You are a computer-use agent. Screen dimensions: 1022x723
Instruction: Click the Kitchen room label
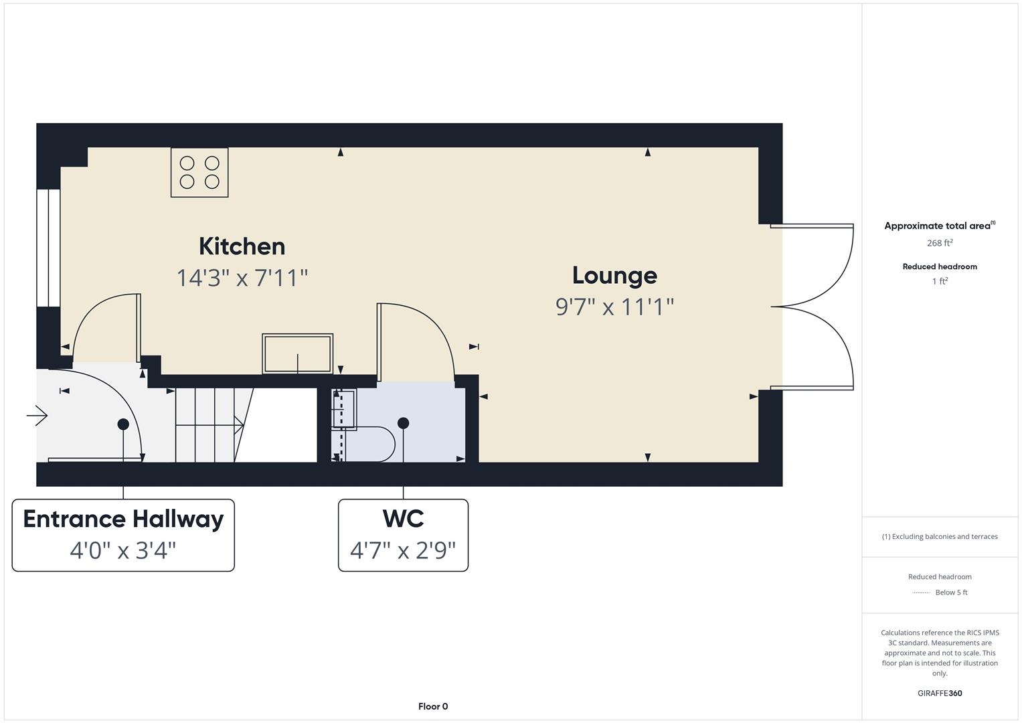(242, 246)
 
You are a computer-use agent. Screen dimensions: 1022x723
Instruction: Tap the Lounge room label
(614, 276)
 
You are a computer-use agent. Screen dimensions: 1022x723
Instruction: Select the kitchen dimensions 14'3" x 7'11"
(242, 278)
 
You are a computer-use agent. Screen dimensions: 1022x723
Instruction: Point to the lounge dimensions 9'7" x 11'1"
(614, 307)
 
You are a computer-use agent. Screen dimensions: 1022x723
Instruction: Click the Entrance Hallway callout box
(123, 535)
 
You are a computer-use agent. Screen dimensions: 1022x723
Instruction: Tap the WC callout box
(403, 535)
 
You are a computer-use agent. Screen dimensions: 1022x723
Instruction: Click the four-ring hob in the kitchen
(199, 173)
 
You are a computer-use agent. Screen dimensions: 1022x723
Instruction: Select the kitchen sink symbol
(297, 353)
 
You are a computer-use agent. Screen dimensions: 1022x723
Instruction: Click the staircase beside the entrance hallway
(214, 425)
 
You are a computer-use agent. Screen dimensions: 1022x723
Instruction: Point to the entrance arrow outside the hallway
(37, 416)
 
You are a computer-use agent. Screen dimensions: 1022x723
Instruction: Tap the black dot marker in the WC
(404, 423)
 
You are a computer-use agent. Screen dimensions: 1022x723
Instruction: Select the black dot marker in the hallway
(123, 424)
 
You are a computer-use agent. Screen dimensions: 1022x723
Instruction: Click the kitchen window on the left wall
(48, 248)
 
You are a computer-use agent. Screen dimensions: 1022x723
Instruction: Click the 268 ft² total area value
(940, 243)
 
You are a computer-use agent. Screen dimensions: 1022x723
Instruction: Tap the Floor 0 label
(433, 706)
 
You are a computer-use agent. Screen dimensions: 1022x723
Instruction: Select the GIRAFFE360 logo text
(940, 693)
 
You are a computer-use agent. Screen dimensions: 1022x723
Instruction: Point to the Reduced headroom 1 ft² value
(940, 281)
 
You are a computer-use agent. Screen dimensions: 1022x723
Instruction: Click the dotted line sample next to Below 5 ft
(921, 593)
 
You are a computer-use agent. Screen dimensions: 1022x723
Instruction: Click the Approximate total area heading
(940, 226)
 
